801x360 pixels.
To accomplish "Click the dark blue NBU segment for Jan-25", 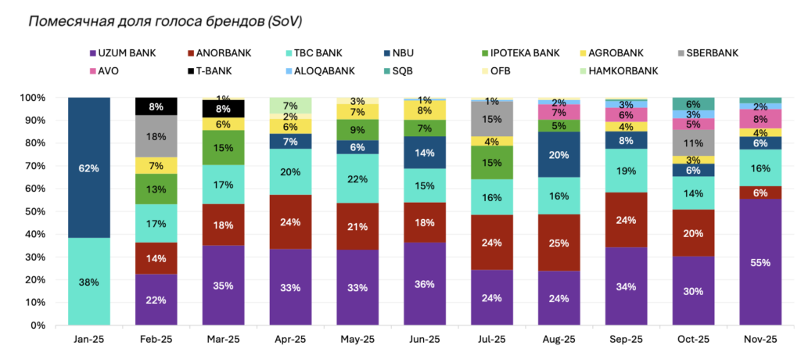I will [88, 167].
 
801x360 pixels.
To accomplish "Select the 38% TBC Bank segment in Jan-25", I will [88, 281].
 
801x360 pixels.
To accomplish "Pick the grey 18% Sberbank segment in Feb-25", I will [156, 136].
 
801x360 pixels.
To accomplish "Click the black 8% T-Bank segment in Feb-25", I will [156, 106].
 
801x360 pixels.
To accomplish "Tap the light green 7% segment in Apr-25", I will [289, 106].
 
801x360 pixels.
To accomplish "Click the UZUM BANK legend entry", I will [126, 53].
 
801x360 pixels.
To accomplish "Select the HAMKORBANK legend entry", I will [623, 70].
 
